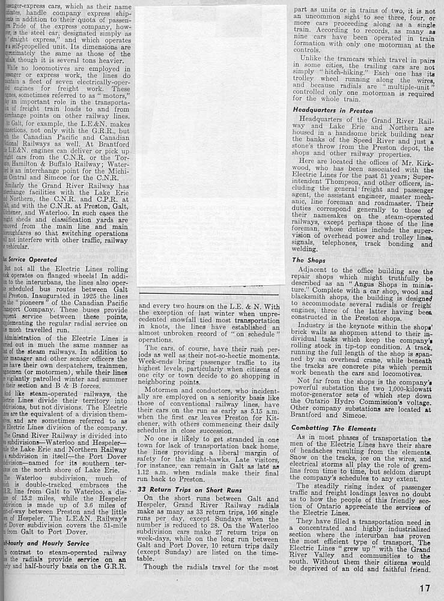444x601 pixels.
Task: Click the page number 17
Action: pos(425,588)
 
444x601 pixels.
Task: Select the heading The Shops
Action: pos(306,260)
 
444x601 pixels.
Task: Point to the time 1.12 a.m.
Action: pos(153,472)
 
